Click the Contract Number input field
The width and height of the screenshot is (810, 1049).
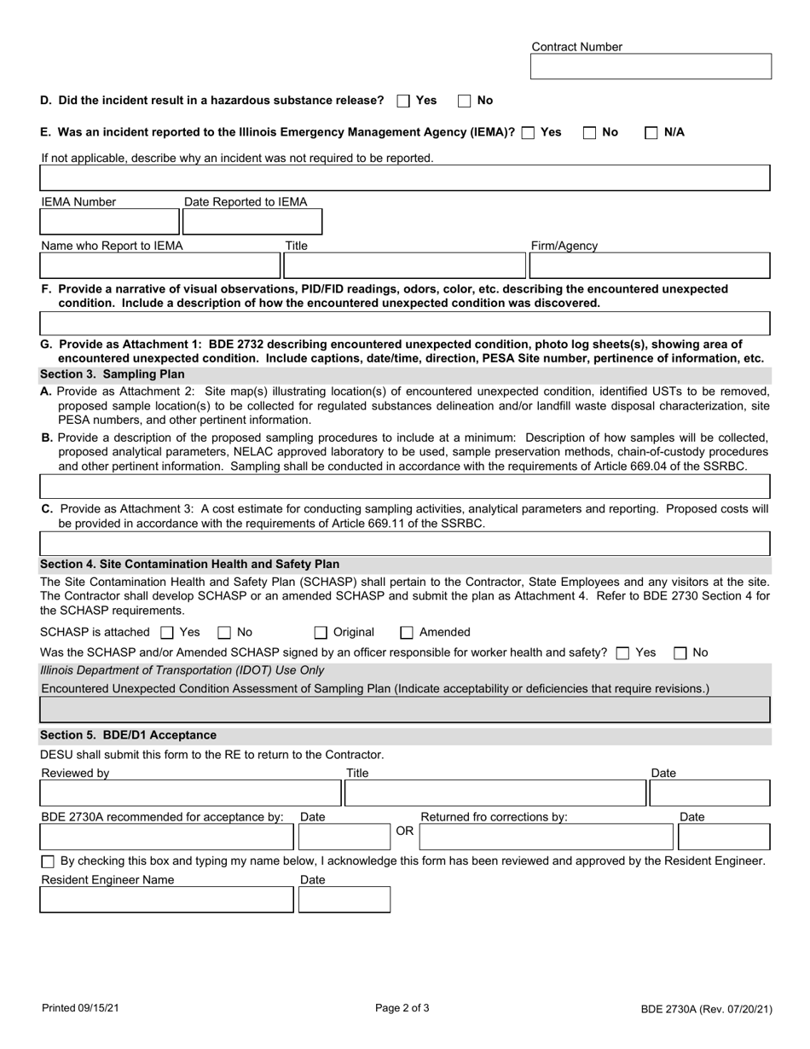(x=651, y=67)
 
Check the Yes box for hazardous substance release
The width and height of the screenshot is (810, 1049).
(x=404, y=101)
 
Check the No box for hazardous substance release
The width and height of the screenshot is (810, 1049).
(x=465, y=101)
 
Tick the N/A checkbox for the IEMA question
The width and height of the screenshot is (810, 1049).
(x=651, y=132)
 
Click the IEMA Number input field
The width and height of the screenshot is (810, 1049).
(x=109, y=222)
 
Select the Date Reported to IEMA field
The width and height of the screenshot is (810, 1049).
(x=252, y=222)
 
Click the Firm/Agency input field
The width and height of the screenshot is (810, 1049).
(x=650, y=266)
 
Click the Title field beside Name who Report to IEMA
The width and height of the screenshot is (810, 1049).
(x=405, y=266)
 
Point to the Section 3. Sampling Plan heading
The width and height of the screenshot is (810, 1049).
(x=113, y=374)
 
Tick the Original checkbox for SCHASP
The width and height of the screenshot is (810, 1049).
(x=321, y=633)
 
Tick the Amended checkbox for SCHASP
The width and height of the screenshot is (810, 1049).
(x=407, y=633)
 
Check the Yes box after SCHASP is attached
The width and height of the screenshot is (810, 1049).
(x=167, y=633)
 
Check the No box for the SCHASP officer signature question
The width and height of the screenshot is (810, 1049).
(x=680, y=653)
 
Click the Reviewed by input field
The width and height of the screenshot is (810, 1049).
(x=191, y=793)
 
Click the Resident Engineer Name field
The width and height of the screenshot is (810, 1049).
(x=167, y=899)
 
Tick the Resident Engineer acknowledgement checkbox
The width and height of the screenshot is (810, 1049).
(x=48, y=862)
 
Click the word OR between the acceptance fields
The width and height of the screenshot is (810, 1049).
(x=405, y=831)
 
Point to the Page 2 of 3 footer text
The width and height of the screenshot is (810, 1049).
(x=402, y=1008)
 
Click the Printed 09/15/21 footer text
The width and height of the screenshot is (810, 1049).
(x=81, y=1008)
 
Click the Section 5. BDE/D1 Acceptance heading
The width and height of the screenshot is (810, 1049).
(x=129, y=735)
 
